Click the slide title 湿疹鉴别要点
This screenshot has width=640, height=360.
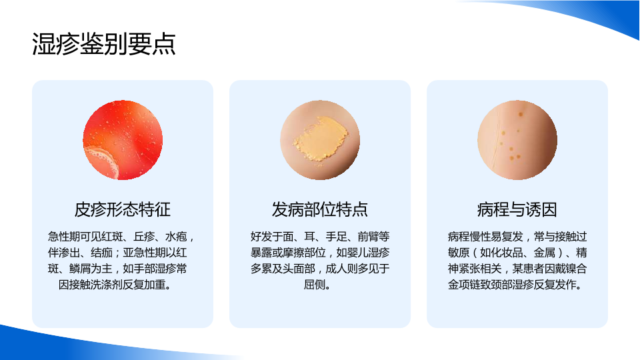point(104,44)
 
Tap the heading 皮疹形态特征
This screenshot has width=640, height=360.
point(123,209)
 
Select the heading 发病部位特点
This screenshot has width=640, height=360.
point(319,209)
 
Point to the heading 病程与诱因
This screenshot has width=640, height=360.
point(517,209)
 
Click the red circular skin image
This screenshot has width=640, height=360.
point(123,139)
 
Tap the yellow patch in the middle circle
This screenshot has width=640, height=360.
point(321,138)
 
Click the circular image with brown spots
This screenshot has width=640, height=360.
point(517,139)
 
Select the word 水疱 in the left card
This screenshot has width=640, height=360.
point(176,237)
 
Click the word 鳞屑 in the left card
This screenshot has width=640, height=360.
point(80,269)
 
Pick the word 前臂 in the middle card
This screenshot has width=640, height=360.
point(368,237)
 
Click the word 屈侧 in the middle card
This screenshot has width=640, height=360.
point(314,285)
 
